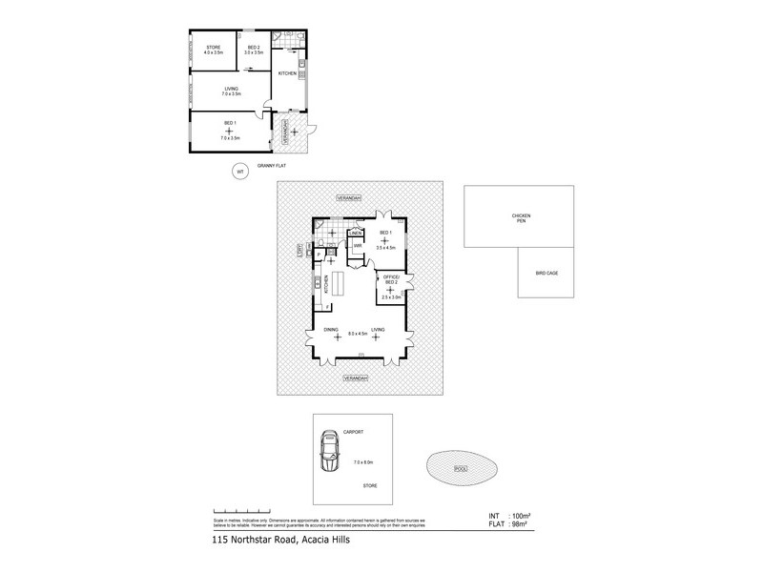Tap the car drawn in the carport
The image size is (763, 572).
pos(330,453)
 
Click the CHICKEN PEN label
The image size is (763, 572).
pos(520,219)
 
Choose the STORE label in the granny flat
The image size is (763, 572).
pos(212,48)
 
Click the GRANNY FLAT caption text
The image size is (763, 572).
pos(272,166)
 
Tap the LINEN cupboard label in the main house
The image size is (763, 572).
pos(356,233)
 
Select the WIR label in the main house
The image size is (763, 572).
pos(357,247)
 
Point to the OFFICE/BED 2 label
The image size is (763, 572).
pos(391,279)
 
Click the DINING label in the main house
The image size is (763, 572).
pos(331,329)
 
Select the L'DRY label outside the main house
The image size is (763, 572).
pos(299,250)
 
